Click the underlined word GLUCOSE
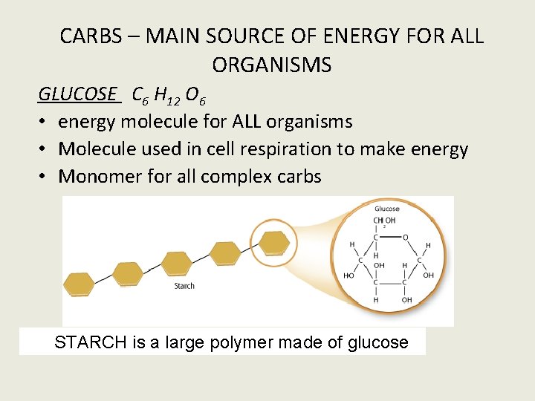tap(78, 94)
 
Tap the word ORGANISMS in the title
tap(271, 65)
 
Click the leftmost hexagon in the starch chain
tap(79, 284)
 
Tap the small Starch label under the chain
tap(184, 286)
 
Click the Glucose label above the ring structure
tap(387, 209)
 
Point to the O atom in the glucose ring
tap(405, 238)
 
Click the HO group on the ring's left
tap(348, 275)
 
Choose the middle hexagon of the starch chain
tap(177, 264)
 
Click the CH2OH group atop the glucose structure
tap(383, 221)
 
